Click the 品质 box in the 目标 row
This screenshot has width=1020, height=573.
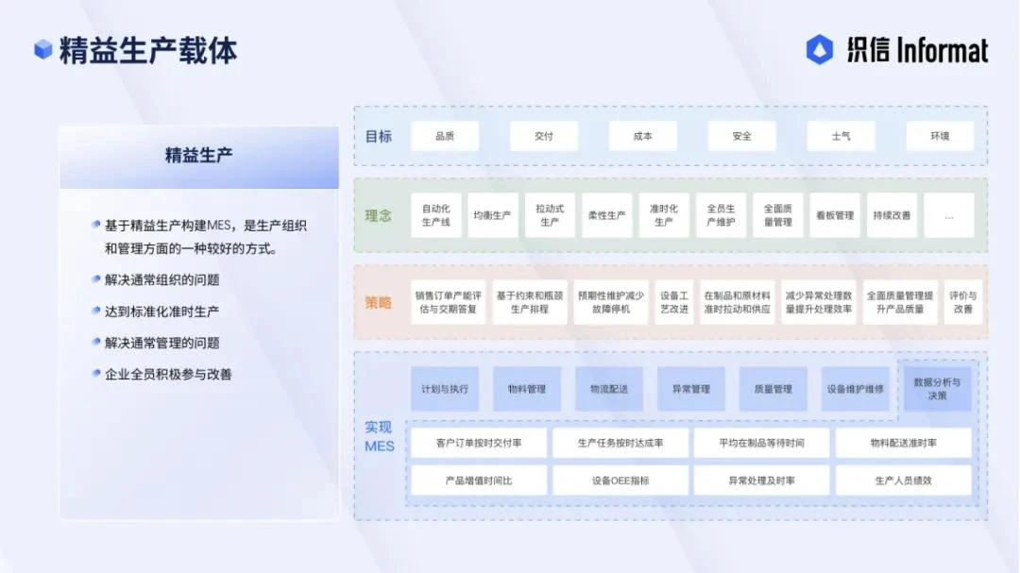(x=445, y=136)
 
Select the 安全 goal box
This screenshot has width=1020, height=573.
(x=741, y=136)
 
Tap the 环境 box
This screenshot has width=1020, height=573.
(x=939, y=136)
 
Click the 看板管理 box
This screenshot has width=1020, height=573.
(x=835, y=215)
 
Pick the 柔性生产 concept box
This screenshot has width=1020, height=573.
(x=606, y=215)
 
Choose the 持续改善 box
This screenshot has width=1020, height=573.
(x=892, y=215)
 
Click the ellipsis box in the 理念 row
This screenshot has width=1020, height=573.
(x=948, y=215)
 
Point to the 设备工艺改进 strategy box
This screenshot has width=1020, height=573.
(x=674, y=302)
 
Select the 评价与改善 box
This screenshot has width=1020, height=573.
(x=962, y=302)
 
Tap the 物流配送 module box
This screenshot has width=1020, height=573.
(x=609, y=389)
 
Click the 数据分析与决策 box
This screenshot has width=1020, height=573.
(x=937, y=389)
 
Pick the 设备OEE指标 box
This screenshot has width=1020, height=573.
(x=620, y=480)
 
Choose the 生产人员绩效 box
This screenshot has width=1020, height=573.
(x=903, y=480)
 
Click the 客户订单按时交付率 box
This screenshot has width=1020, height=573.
(x=479, y=443)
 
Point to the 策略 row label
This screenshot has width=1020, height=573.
(x=379, y=303)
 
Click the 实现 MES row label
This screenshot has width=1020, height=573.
(x=379, y=436)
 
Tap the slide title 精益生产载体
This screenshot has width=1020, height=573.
(x=148, y=50)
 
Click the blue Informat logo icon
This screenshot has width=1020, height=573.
(x=819, y=49)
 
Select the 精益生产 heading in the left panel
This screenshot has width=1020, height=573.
(x=198, y=155)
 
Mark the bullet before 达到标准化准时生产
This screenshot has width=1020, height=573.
(x=96, y=311)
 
